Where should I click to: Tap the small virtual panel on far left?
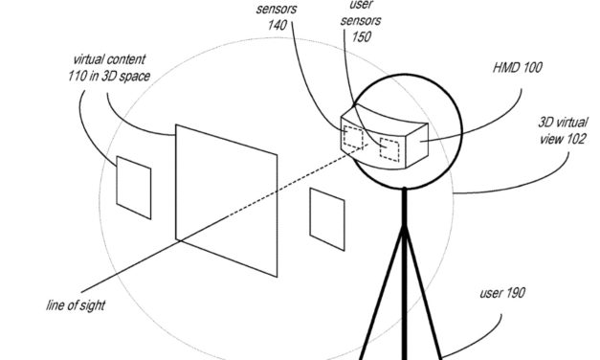click(x=133, y=181)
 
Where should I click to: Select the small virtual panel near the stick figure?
click(x=326, y=213)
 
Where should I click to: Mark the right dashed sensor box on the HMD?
click(x=389, y=148)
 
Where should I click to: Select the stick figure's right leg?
click(x=427, y=306)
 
